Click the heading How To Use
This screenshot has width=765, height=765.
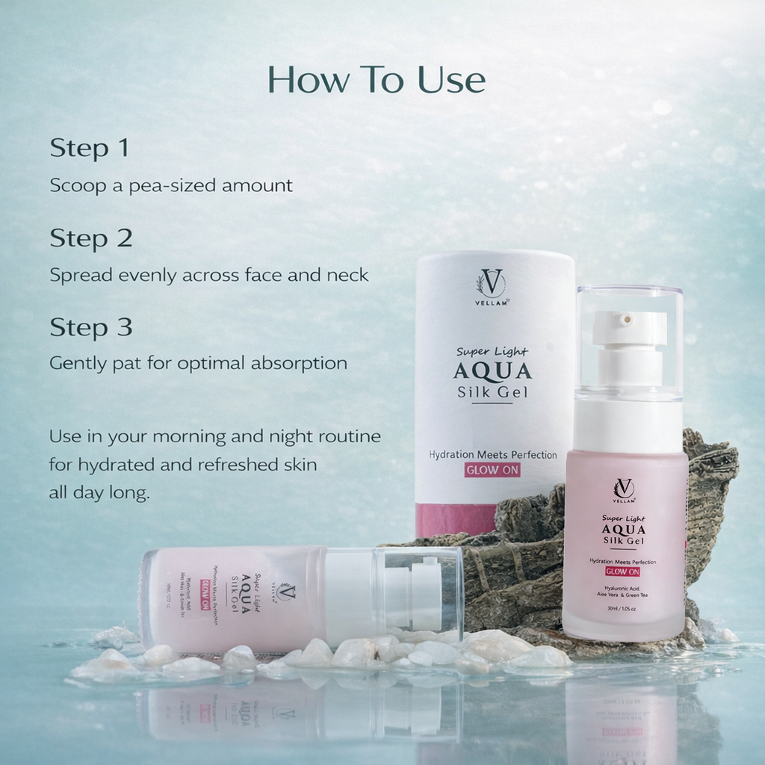pos(377,80)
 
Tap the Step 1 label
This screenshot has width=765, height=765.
pos(89,148)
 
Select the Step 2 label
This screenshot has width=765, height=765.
pos(90,238)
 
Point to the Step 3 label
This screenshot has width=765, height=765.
pos(90,327)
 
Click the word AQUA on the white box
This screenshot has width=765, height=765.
pos(492,371)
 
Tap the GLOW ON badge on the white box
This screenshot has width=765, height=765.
pos(492,471)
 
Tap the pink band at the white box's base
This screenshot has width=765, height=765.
pos(456,520)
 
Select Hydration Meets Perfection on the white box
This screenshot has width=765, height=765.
pos(492,455)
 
